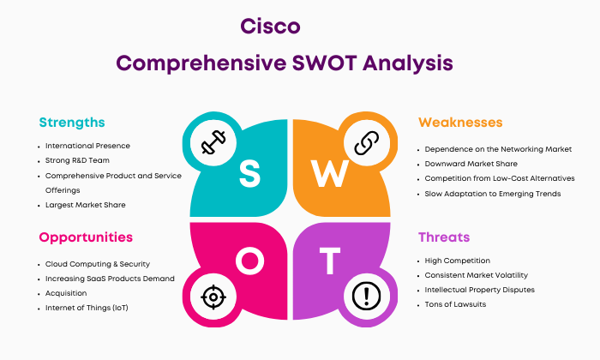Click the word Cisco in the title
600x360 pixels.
270,26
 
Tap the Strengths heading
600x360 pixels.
72,123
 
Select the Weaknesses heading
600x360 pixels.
460,123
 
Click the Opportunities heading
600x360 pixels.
86,237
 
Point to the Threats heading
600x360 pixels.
444,237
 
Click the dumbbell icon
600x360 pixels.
213,142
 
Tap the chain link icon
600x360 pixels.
367,142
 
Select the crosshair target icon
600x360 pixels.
213,297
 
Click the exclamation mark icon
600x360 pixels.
366,296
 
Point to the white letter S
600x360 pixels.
249,174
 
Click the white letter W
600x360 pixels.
329,174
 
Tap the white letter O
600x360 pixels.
250,261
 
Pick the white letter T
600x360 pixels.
330,261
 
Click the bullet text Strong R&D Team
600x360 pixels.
77,160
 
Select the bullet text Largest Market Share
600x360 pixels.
86,205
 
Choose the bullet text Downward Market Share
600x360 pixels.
471,164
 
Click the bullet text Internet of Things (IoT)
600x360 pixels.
87,308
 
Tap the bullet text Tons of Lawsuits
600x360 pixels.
455,304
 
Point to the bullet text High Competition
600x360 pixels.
457,261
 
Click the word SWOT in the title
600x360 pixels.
325,63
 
